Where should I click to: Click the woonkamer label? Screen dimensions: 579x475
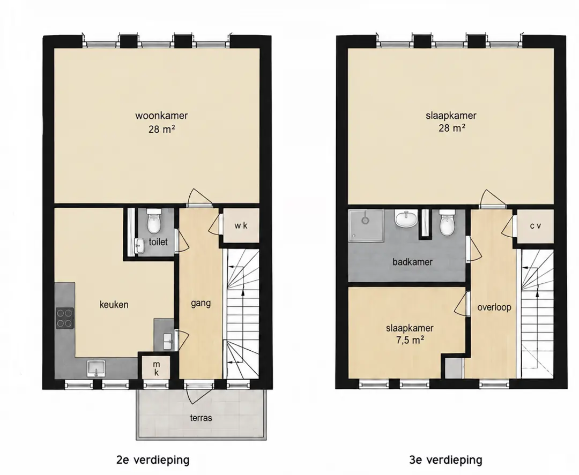[x=161, y=116]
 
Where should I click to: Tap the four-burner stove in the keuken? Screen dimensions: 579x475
[x=65, y=318]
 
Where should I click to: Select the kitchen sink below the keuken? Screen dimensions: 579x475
[x=96, y=368]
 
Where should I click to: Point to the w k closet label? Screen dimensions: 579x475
[x=241, y=225]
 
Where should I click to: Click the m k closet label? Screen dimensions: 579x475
[x=157, y=368]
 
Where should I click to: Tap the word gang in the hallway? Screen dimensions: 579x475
[x=201, y=304]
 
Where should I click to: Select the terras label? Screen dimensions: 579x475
[x=201, y=418]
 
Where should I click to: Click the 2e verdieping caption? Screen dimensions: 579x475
[x=153, y=460]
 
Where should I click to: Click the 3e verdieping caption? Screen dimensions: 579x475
[x=446, y=460]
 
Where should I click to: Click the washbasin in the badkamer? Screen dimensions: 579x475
[x=406, y=219]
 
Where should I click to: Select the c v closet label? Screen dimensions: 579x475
[x=536, y=225]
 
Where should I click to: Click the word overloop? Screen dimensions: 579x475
[x=494, y=307]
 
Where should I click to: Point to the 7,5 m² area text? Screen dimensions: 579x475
[x=410, y=340]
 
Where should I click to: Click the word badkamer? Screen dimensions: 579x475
[x=412, y=262]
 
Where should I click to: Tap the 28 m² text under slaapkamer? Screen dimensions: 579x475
[x=451, y=128]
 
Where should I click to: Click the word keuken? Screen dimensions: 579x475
[x=114, y=305]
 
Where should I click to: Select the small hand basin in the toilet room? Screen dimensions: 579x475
[x=139, y=245]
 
